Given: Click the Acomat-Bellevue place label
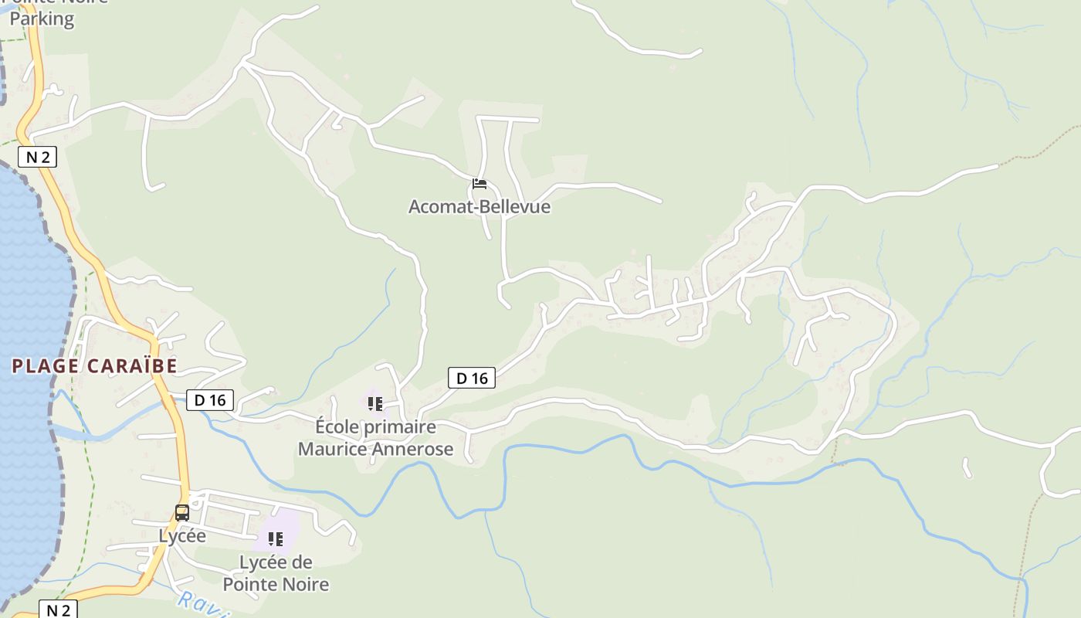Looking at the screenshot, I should pos(479,207).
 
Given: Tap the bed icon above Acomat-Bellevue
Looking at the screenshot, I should pos(480,184).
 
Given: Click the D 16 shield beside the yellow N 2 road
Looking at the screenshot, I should pos(210,400).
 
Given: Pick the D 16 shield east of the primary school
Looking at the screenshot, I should pos(472,378).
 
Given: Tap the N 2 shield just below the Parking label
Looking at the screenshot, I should pos(38,158).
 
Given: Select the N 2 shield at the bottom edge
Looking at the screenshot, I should pos(58,610).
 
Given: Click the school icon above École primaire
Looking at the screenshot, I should pos(375,403).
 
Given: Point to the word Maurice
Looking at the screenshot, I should pos(334,449).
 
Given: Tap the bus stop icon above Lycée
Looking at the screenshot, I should pos(182,512).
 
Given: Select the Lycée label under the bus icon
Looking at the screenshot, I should pos(182,535).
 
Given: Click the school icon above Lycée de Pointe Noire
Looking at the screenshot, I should pos(276,539).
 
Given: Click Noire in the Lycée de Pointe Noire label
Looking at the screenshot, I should pos(308,584).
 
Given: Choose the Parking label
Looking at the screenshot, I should pos(42,19).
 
